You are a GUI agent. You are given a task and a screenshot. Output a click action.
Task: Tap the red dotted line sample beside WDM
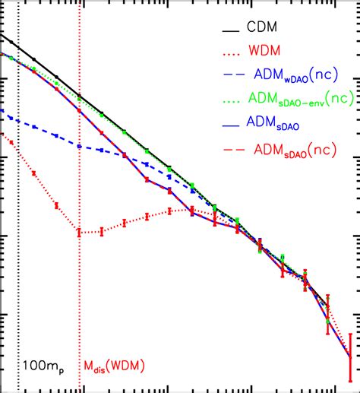(227, 52)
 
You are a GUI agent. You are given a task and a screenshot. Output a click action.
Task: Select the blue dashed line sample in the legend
(227, 75)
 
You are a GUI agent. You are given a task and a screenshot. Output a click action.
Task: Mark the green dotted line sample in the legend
(227, 98)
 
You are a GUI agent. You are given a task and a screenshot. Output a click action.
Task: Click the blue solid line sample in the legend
(227, 122)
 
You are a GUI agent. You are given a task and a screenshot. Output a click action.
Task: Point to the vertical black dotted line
(17, 228)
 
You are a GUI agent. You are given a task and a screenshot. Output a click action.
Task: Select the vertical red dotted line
(79, 304)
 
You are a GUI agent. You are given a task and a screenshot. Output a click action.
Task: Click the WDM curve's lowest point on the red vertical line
(79, 232)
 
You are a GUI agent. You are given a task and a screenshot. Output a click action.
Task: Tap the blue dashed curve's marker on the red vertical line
(79, 144)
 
